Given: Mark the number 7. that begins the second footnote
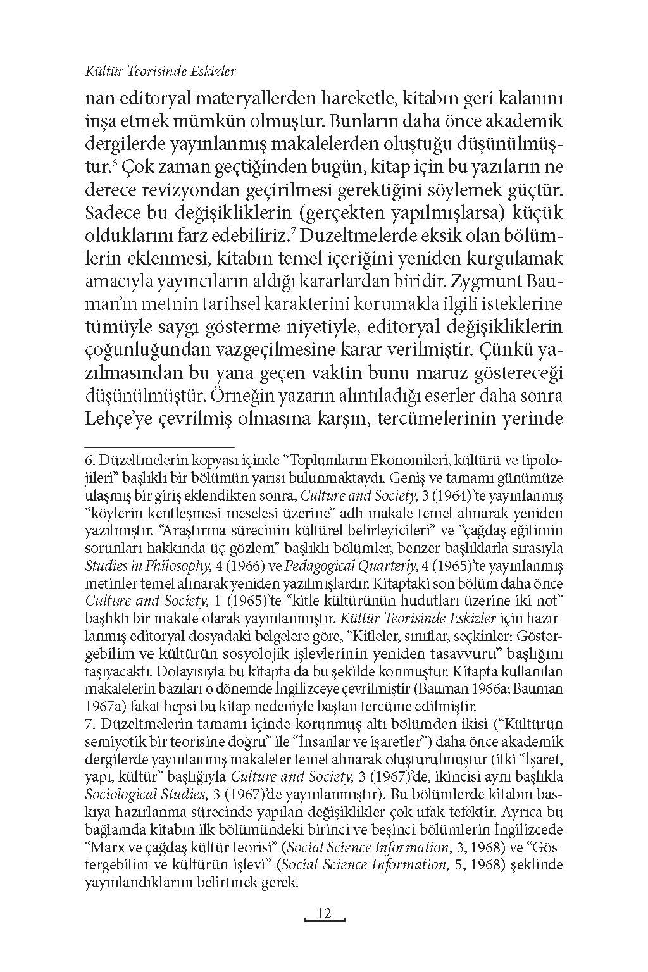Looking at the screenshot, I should coord(90,723).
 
